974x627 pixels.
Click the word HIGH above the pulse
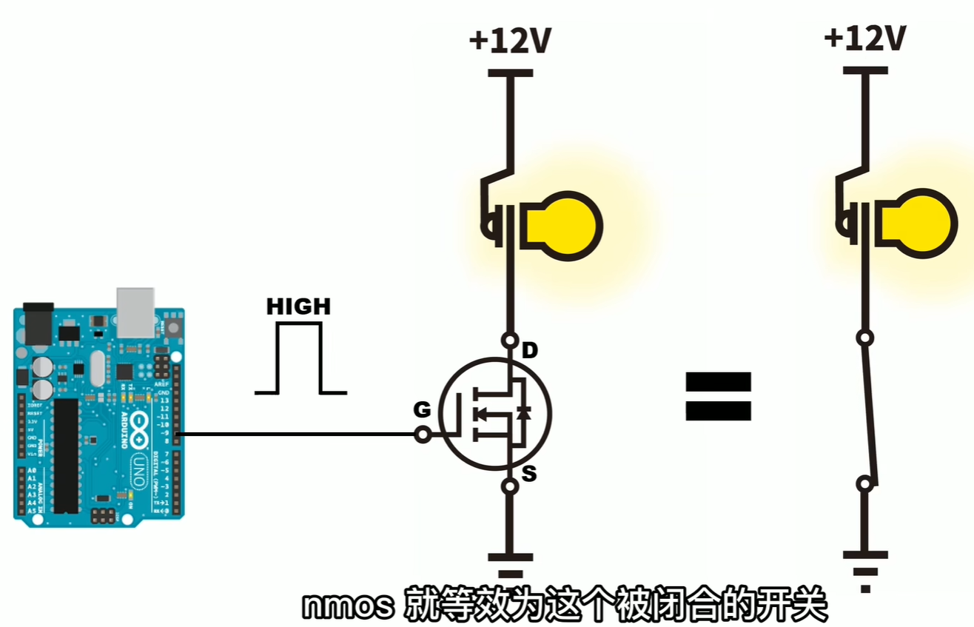point(299,306)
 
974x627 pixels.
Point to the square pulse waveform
point(300,358)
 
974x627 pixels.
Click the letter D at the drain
point(530,350)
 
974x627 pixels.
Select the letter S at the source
point(528,474)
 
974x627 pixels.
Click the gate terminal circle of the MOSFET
point(423,435)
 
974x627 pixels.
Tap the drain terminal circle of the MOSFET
point(510,341)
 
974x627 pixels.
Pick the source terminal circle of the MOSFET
point(510,486)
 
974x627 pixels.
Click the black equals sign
point(718,397)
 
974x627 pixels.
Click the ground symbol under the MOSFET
point(510,562)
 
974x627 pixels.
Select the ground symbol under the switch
point(864,566)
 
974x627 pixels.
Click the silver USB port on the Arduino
point(135,311)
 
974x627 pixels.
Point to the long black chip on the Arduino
point(67,455)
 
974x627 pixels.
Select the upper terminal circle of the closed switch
point(863,338)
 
